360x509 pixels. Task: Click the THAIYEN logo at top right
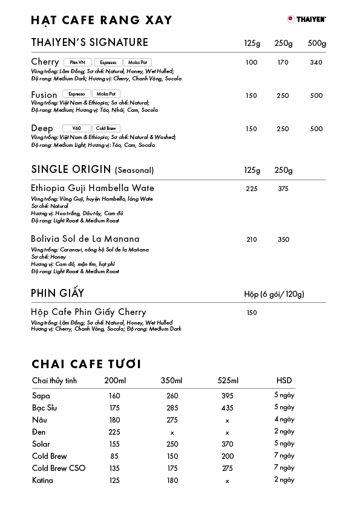[307, 19]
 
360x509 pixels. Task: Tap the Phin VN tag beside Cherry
[77, 62]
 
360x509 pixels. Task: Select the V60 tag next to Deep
[76, 129]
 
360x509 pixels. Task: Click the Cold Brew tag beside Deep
[106, 129]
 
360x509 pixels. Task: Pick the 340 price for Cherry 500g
[316, 62]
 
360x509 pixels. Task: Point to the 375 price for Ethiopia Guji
[283, 189]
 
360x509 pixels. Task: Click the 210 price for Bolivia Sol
[252, 239]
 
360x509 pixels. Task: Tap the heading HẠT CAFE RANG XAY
[102, 21]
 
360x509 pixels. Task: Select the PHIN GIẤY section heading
[57, 294]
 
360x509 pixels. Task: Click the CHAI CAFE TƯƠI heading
[87, 364]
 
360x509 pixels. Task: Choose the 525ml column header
[228, 380]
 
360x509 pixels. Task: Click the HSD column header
[284, 380]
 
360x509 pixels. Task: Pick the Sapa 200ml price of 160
[114, 396]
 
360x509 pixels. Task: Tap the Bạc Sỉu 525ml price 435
[227, 408]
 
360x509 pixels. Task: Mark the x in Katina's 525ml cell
[227, 481]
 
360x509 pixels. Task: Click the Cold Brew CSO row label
[59, 468]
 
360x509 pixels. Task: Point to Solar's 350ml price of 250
[172, 444]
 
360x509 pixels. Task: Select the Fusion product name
[44, 95]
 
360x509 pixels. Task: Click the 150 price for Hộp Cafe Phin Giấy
[252, 313]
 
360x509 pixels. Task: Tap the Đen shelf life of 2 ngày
[284, 432]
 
